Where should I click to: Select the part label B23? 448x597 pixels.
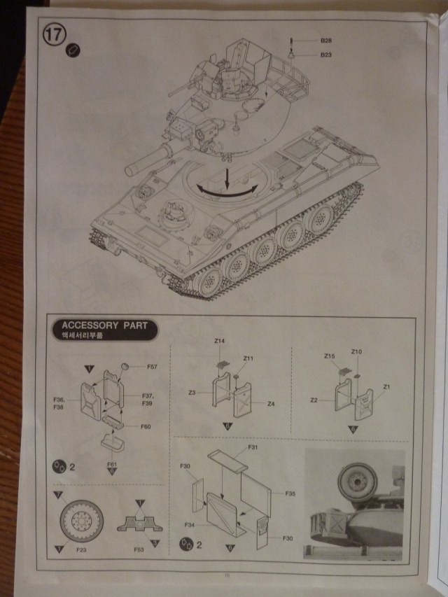pos(325,55)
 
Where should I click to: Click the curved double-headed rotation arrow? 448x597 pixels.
pos(225,188)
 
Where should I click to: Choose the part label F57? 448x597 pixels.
pos(151,366)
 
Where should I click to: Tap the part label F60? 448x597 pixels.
pos(146,426)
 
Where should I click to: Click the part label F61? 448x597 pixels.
pos(112,464)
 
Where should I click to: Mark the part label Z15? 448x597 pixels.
pos(330,356)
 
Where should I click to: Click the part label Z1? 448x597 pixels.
pos(386,387)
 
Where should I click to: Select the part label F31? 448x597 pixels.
pos(253,447)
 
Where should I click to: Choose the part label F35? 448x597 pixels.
pos(289,494)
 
